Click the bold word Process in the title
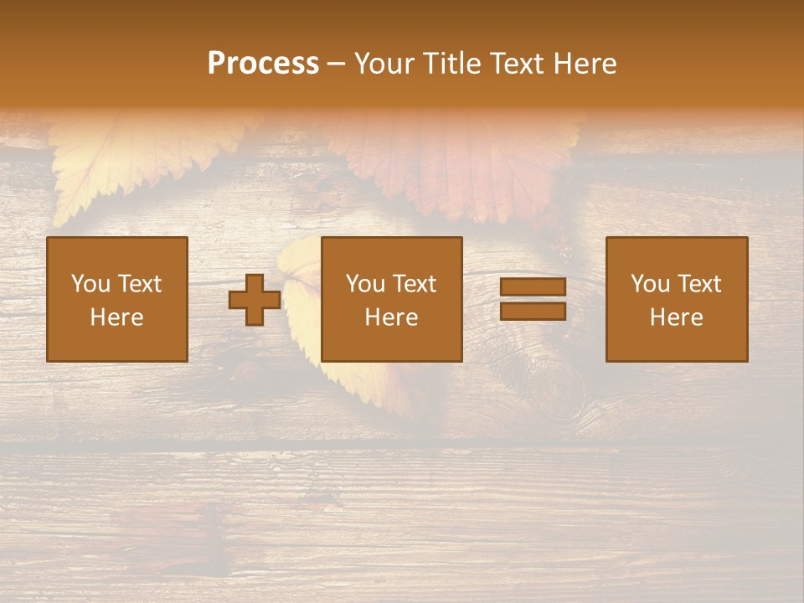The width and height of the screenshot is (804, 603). [263, 64]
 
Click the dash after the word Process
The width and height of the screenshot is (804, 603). [337, 64]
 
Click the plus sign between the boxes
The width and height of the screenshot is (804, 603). [255, 300]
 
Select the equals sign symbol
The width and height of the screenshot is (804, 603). [533, 299]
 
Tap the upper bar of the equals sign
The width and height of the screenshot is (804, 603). [533, 287]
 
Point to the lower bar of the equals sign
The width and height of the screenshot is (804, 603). [533, 311]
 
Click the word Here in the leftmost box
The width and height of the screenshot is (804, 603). [117, 317]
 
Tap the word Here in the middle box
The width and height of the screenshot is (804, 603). [392, 317]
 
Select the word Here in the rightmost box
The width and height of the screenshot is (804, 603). [677, 317]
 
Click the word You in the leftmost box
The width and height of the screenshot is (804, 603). [91, 284]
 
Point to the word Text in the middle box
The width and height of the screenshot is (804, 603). [414, 284]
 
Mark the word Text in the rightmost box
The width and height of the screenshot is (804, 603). [698, 284]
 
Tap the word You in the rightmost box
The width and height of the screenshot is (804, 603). [651, 284]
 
